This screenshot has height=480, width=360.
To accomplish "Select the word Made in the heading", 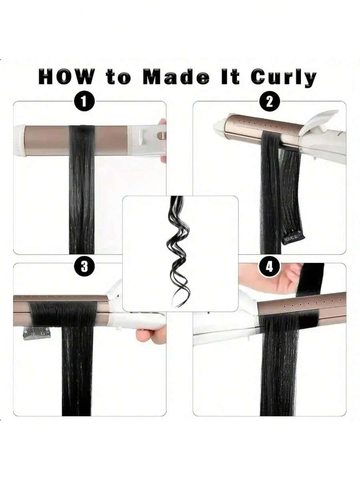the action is pos(176,77).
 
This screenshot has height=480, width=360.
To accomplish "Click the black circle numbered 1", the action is pos(84,101).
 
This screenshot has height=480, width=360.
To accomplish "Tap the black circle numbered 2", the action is pos(270,101).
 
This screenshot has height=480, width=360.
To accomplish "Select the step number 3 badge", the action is pos(84,266).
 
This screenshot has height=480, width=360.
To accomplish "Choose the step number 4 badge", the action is pos(270,266).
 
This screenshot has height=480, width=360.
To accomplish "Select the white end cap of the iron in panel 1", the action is pos(20,140).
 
